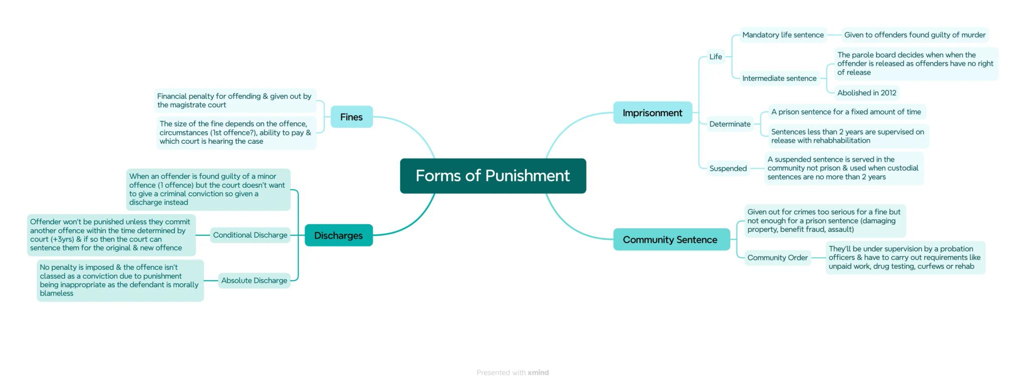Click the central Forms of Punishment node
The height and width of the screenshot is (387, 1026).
pos(492,176)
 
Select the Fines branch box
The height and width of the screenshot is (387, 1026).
pos(351,117)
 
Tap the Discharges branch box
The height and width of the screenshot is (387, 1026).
pos(338,235)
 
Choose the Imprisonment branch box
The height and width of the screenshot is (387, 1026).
pos(652,113)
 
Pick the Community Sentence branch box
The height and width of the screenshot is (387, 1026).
pos(670,240)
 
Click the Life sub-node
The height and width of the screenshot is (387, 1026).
pos(715,57)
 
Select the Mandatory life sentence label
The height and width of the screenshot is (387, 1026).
pos(783,35)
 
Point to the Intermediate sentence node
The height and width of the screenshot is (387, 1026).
pos(779,78)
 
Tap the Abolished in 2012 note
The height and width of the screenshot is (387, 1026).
pos(866,93)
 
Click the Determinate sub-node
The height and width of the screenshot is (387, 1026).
pos(729,124)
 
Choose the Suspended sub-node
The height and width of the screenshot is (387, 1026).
pos(727,169)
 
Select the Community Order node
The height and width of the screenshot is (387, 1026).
pos(777,258)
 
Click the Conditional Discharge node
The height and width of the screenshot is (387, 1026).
pos(250,235)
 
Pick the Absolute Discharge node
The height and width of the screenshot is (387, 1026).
pos(254,280)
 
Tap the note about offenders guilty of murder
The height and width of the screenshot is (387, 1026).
pos(914,35)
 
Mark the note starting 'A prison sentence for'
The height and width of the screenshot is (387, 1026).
pos(846,112)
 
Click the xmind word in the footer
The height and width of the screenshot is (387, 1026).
pos(538,372)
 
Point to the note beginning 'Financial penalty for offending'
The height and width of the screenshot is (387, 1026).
pos(234,100)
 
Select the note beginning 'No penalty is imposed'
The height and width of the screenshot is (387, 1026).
pos(119,280)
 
